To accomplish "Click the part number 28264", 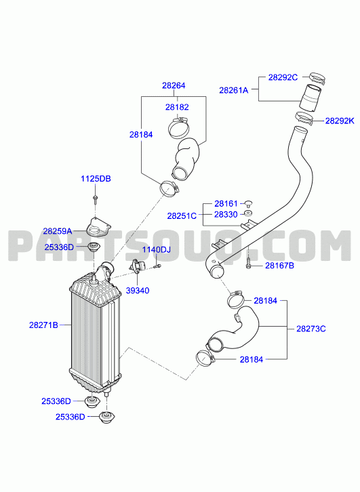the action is coord(174,85).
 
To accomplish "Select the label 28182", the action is coord(177,107).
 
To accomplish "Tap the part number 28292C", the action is coord(283,77).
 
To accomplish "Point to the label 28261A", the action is coord(233,90).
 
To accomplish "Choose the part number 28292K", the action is coord(340,121).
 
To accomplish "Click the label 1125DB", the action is coord(96,178).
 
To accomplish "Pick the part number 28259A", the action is coord(58,231).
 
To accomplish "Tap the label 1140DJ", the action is coord(157,250).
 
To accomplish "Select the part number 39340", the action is coord(138,290).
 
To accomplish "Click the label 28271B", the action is coord(43,325).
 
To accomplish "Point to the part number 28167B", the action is coord(279,266).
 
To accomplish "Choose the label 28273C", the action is coord(311,329).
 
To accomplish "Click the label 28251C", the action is coord(182,216).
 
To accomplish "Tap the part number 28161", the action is coord(226,203).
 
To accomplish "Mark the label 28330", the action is coord(226,215).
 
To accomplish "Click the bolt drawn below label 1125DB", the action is coord(95,199).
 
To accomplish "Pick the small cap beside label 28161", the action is coord(249,203).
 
